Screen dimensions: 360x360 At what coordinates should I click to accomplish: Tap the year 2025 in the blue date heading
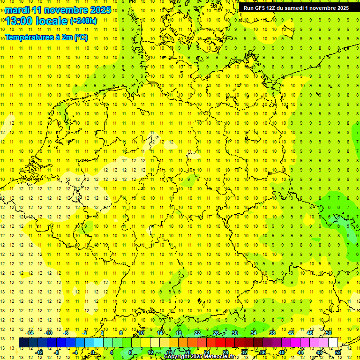tap(99, 10)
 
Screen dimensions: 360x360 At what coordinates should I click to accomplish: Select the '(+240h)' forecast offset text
tap(83, 21)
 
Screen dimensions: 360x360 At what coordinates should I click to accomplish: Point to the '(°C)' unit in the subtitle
tap(81, 37)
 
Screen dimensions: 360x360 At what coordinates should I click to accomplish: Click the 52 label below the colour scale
tap(338, 352)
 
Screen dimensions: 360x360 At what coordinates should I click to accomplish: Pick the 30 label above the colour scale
tap(235, 333)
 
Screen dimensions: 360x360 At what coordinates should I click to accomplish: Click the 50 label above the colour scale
tap(329, 333)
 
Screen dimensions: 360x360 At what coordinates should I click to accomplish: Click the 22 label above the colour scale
tap(197, 333)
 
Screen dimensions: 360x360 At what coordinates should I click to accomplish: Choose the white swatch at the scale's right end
tap(333, 342)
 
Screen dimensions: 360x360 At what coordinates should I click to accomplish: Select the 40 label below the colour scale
tap(282, 352)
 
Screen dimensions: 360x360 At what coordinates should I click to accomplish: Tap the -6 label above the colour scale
tap(67, 333)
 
